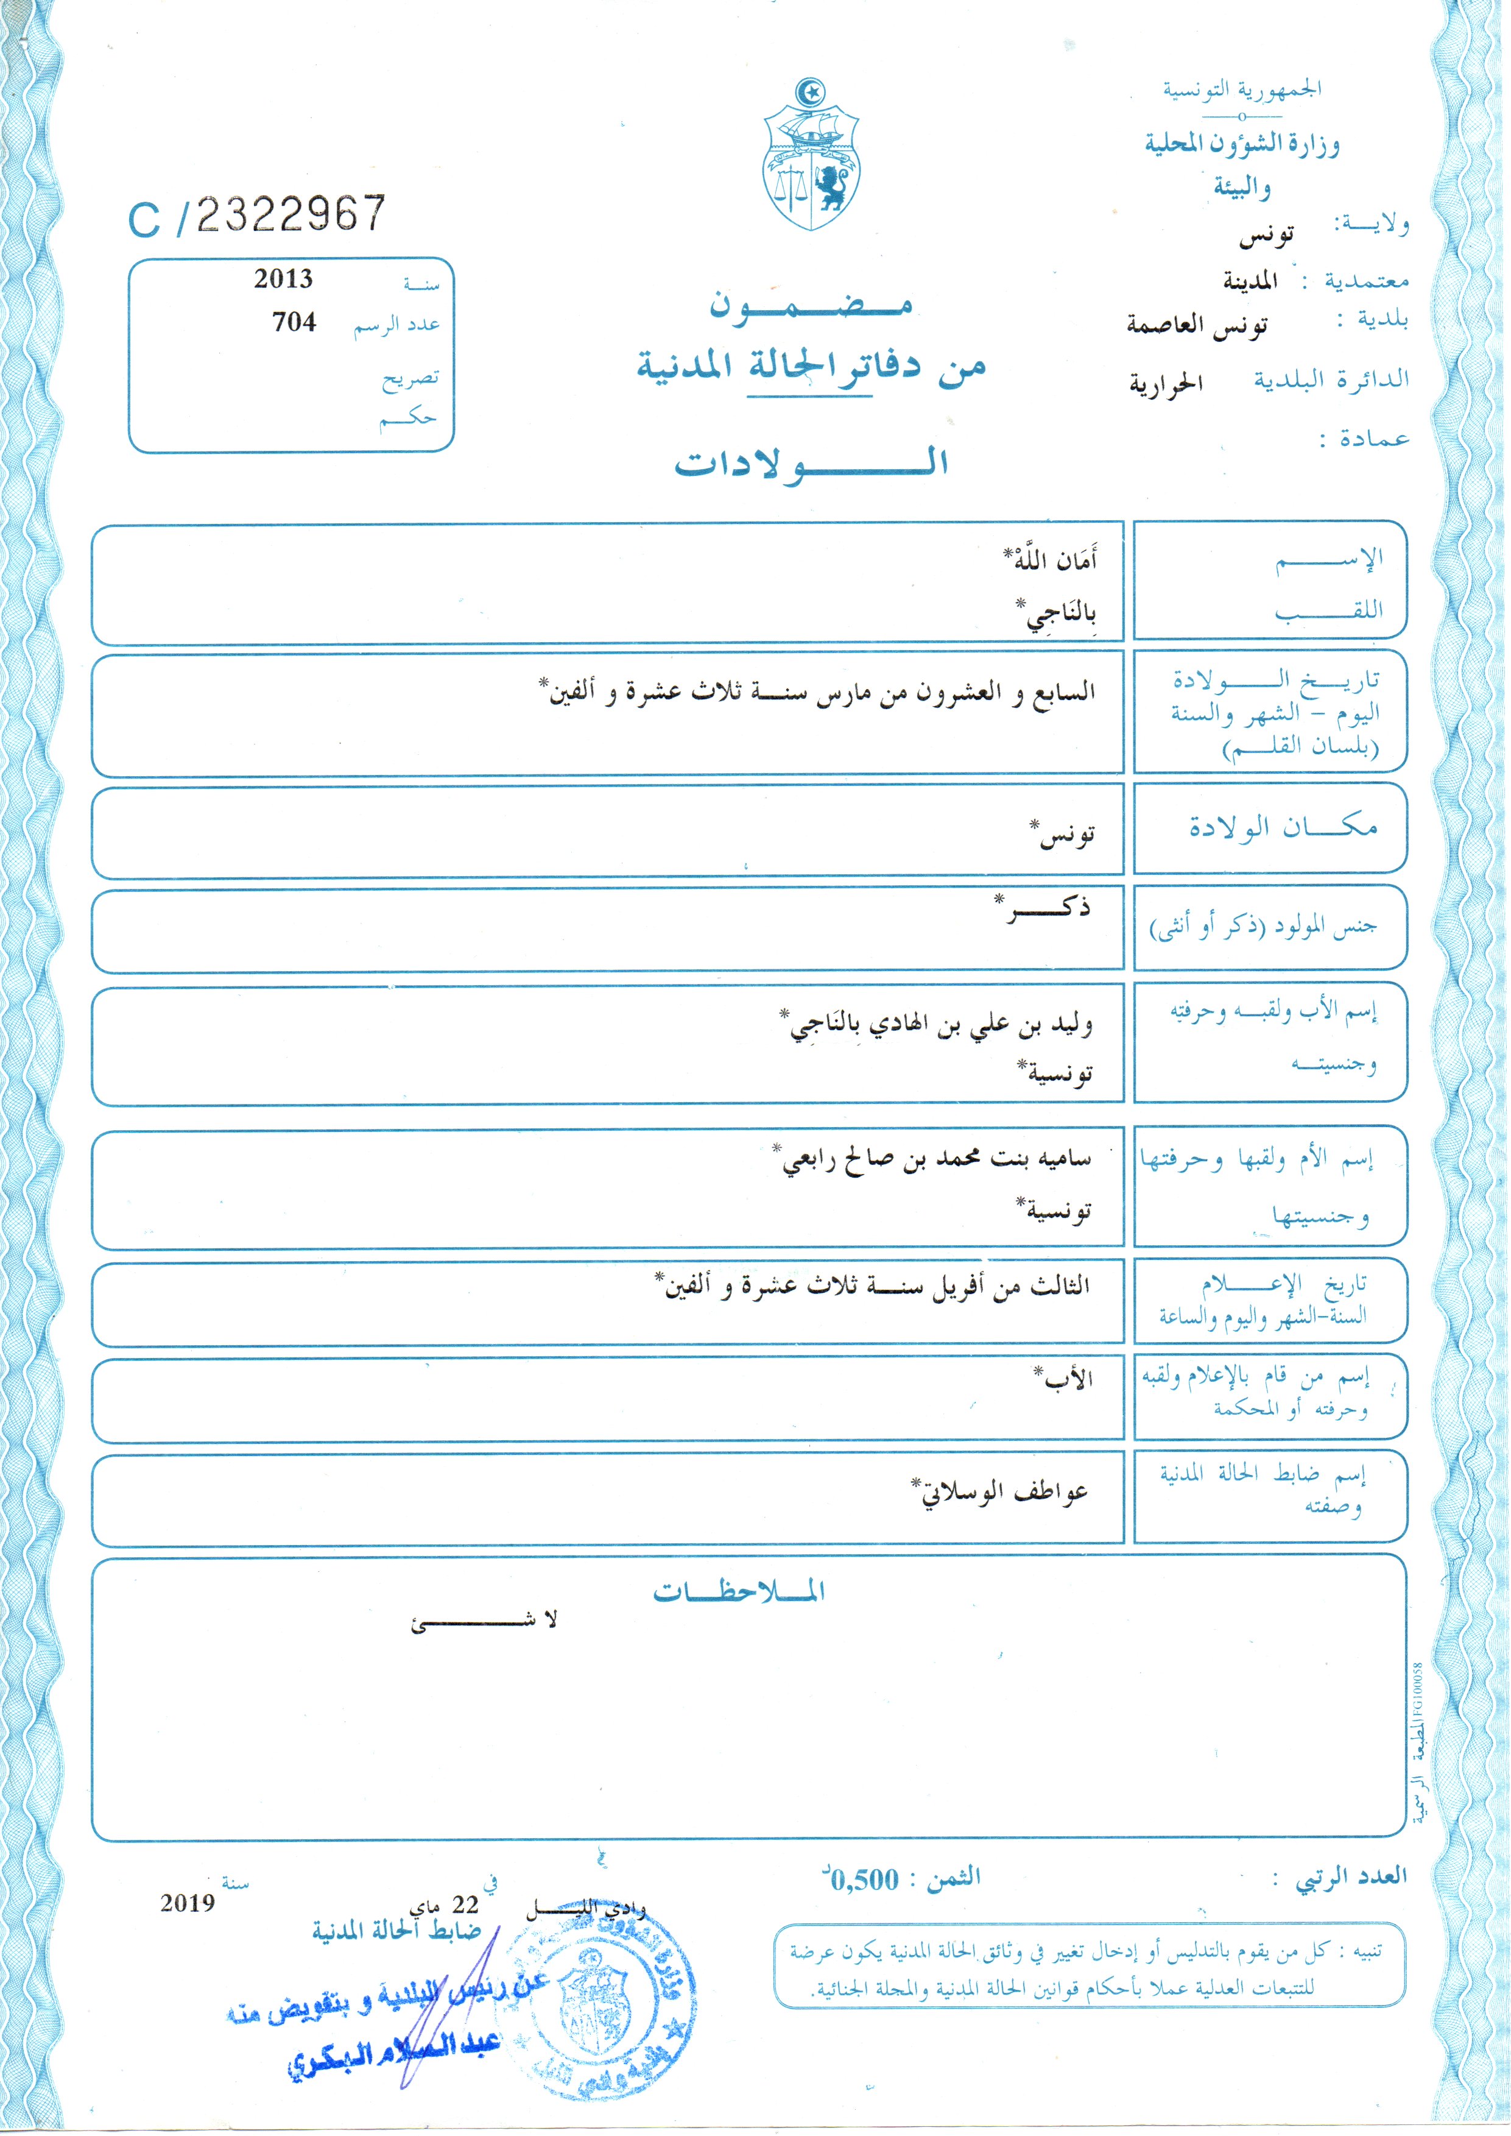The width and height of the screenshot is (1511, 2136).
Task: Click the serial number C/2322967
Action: coord(257,216)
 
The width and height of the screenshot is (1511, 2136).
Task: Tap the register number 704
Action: coord(294,322)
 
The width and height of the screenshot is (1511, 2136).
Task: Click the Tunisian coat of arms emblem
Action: coord(811,157)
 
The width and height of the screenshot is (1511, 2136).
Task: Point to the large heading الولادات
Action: coord(811,462)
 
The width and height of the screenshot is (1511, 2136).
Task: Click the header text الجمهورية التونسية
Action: coord(1241,90)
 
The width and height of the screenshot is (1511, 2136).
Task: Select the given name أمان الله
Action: coord(1051,561)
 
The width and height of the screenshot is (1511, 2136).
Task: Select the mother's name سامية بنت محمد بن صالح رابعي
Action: coord(934,1159)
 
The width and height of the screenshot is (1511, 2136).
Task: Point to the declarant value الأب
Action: coord(1066,1379)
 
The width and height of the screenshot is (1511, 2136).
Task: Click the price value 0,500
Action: coord(864,1880)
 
